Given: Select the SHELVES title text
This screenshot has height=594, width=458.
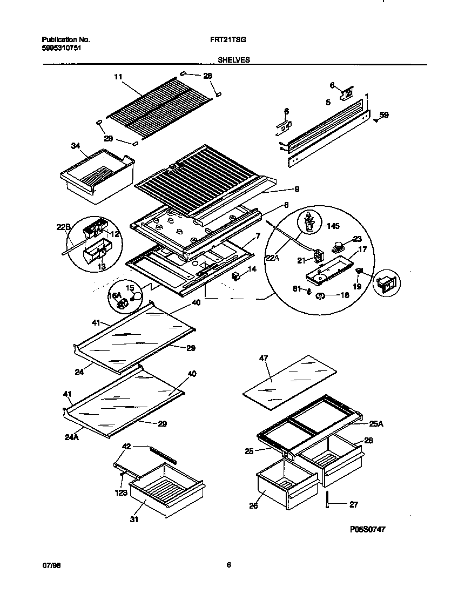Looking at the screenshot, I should pyautogui.click(x=234, y=60).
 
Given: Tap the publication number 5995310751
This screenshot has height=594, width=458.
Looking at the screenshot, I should pyautogui.click(x=62, y=48).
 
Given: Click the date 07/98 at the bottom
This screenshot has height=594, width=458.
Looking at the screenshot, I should pyautogui.click(x=49, y=565).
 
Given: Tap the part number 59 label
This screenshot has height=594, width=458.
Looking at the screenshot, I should pyautogui.click(x=383, y=114).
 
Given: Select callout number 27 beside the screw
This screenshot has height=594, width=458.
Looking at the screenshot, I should pyautogui.click(x=353, y=505).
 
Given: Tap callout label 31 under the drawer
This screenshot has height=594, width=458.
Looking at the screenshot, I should pyautogui.click(x=134, y=519).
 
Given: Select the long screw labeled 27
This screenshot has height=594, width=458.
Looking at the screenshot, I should pyautogui.click(x=327, y=501).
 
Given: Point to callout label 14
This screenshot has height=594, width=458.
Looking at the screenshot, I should pyautogui.click(x=251, y=268).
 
